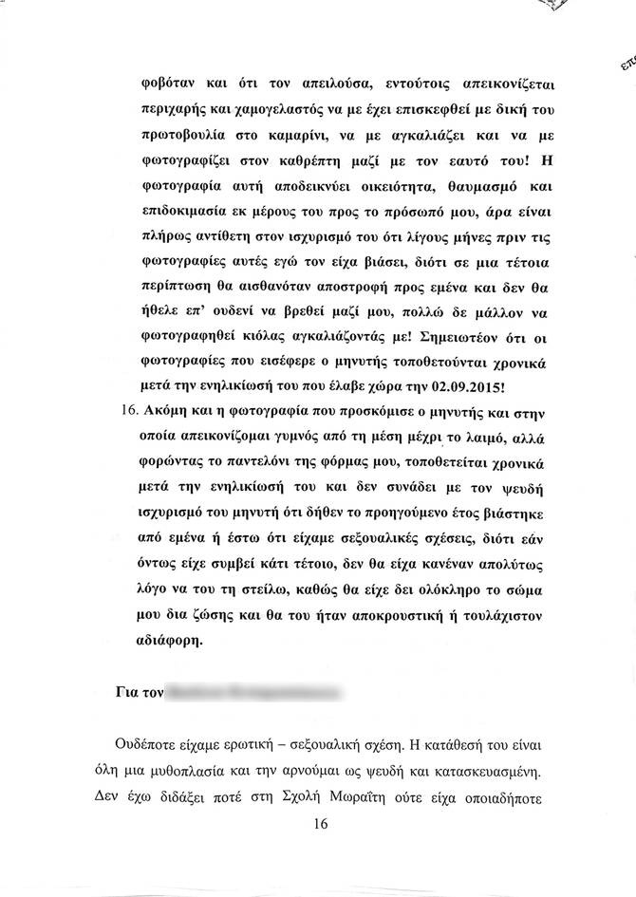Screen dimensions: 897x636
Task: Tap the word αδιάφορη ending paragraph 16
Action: [170, 641]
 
